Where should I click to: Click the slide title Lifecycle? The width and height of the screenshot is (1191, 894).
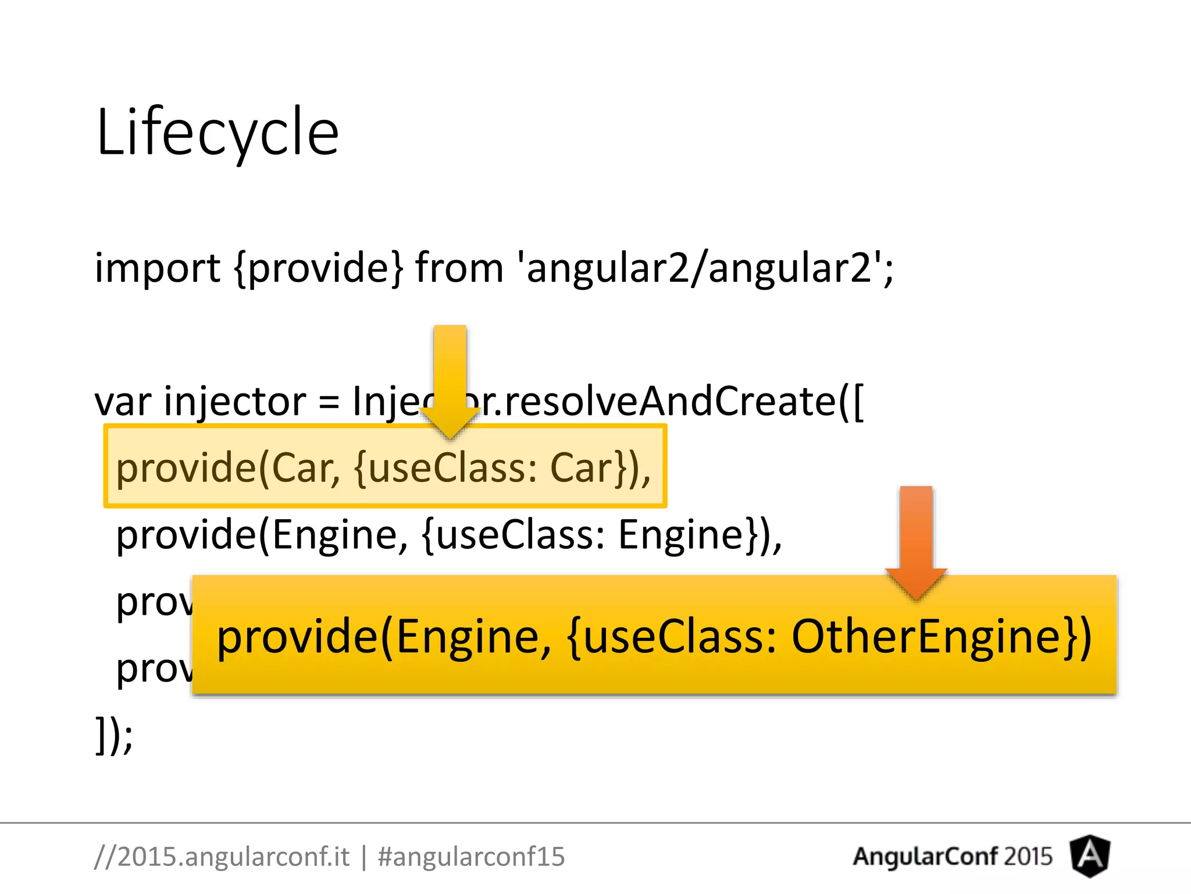[x=217, y=132]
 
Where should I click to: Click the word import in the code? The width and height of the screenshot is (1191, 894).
[x=157, y=269]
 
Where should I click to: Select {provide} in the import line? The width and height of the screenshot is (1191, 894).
[x=318, y=269]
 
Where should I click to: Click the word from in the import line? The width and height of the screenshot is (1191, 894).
[x=459, y=269]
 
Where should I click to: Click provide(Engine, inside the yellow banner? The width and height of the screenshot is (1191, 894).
[x=384, y=637]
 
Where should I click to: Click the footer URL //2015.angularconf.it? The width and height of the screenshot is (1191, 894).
[x=222, y=857]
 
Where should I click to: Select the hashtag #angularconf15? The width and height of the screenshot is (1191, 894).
[x=471, y=857]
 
